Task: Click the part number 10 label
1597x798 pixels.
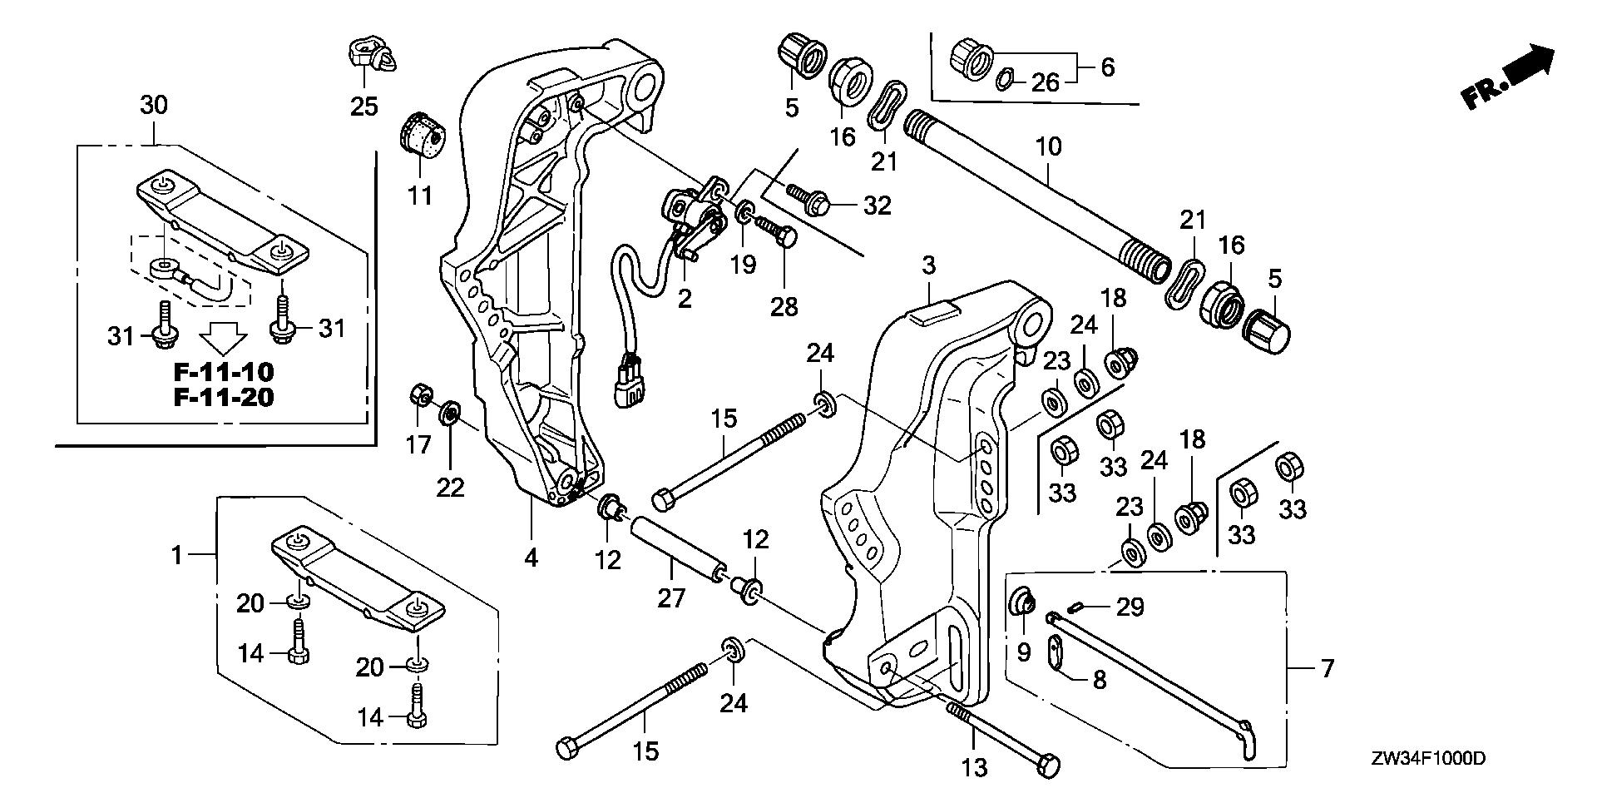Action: (x=1049, y=148)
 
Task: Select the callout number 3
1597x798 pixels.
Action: (x=928, y=266)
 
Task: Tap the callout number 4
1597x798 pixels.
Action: (x=532, y=558)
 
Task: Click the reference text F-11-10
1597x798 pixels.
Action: (x=224, y=371)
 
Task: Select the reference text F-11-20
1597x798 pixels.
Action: (x=224, y=398)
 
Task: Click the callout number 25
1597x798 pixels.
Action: (x=363, y=107)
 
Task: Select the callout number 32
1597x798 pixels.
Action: (x=877, y=205)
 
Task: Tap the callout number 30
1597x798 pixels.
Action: (x=153, y=105)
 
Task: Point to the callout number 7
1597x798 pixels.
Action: (x=1326, y=667)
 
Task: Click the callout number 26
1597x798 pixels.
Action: (x=1046, y=82)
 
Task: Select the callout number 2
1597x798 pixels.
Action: (x=684, y=298)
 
